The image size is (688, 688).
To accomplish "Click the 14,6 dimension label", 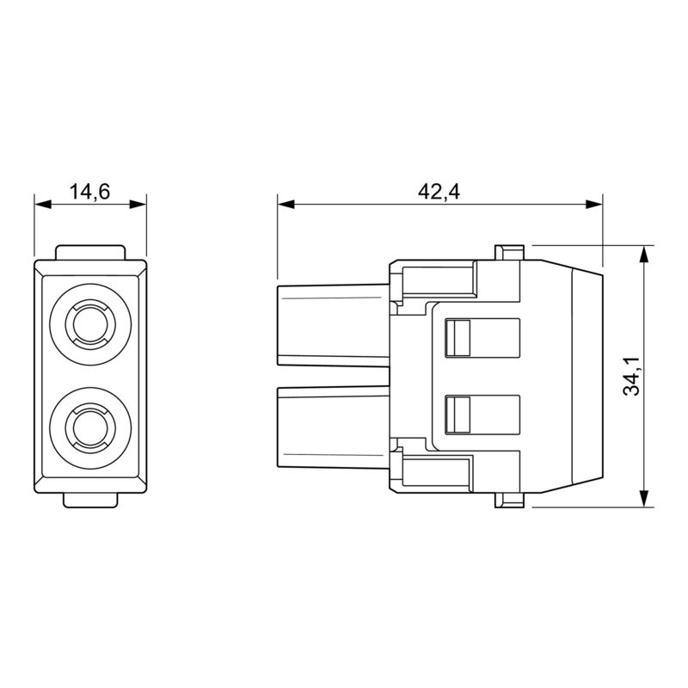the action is click(90, 192).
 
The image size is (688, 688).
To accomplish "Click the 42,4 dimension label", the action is click(439, 192).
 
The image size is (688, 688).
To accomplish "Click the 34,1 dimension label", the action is click(632, 376).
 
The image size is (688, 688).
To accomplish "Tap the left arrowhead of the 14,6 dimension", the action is click(43, 204).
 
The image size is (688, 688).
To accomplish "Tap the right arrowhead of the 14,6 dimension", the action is click(138, 204).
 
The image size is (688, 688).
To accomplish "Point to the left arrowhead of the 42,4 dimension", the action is click(286, 204).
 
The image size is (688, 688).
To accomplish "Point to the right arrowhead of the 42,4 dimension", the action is click(594, 204).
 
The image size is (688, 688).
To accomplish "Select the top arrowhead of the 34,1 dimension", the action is click(643, 254).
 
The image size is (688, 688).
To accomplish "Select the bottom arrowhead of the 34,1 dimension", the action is click(643, 499).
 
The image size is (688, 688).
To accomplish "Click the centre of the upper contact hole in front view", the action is click(90, 324).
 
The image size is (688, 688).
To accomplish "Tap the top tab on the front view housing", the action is click(90, 252).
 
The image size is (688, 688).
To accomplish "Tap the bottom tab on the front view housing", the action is click(90, 501).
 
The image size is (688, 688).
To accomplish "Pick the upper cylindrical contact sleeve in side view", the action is click(334, 325).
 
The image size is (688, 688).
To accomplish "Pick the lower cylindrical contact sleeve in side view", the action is click(334, 427).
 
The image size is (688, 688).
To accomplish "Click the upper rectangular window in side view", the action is click(482, 337).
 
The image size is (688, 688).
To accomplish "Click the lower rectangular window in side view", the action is click(482, 415).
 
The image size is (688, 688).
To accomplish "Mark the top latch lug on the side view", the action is click(509, 252).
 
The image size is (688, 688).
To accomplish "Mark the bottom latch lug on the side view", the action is click(509, 501).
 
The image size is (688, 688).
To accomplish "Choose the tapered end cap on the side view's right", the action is click(587, 376).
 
